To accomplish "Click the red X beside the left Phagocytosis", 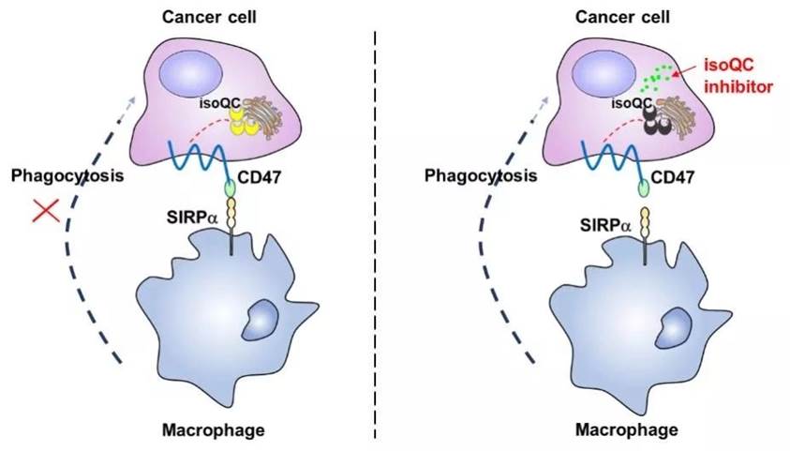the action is click(x=46, y=210).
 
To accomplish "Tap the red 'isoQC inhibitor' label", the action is click(x=738, y=76).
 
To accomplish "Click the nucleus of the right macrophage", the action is click(x=674, y=328).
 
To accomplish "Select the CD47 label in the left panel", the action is click(x=259, y=177).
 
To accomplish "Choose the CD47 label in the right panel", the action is click(x=672, y=177).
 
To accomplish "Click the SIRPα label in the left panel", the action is click(x=192, y=218).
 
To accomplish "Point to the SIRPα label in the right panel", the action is click(x=604, y=225).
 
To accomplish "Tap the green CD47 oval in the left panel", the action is click(x=230, y=188).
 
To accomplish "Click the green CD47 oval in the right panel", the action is click(x=644, y=188).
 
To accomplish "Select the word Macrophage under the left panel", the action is click(x=213, y=430).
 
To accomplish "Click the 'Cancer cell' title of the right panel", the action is click(x=622, y=17).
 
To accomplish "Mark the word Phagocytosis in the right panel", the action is click(x=481, y=176).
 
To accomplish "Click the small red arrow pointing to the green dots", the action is click(x=685, y=71).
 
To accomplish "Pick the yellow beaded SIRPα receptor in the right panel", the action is click(x=645, y=221).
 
